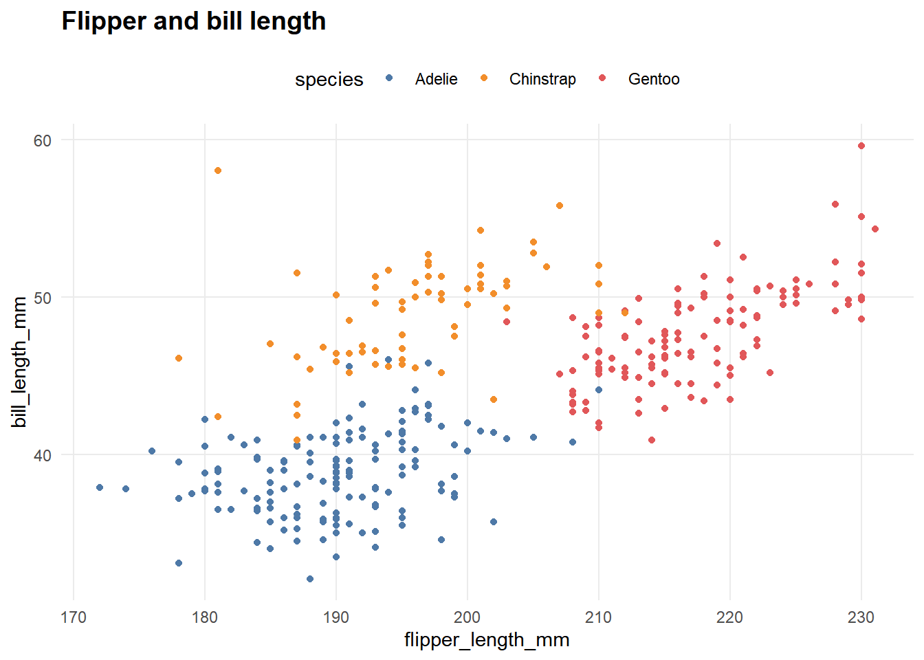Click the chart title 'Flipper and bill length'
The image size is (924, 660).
[x=193, y=21]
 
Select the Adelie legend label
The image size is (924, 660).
[x=436, y=79]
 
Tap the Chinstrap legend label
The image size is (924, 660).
[x=542, y=79]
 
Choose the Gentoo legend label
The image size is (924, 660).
[x=654, y=79]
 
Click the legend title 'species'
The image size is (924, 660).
[x=329, y=80]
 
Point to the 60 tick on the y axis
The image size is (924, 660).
[x=43, y=140]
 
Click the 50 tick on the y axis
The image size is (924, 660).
[x=43, y=298]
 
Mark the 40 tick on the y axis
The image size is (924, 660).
[x=43, y=455]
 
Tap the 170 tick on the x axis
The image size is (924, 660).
[x=74, y=617]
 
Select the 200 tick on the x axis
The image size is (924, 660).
[x=467, y=617]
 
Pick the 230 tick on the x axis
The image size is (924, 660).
[x=861, y=617]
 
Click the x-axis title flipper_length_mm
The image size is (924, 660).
[x=487, y=640]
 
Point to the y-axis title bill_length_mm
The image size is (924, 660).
[x=20, y=362]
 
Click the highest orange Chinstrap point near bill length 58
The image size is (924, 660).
[x=218, y=170]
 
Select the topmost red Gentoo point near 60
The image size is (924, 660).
[x=861, y=146]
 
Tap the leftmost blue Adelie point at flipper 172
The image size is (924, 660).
[x=100, y=487]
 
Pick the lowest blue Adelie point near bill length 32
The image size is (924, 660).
[x=310, y=579]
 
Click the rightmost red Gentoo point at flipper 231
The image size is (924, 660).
[x=875, y=229]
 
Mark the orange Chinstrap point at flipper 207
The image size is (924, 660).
[x=560, y=206]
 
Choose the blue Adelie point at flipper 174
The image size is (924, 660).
[x=126, y=489]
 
